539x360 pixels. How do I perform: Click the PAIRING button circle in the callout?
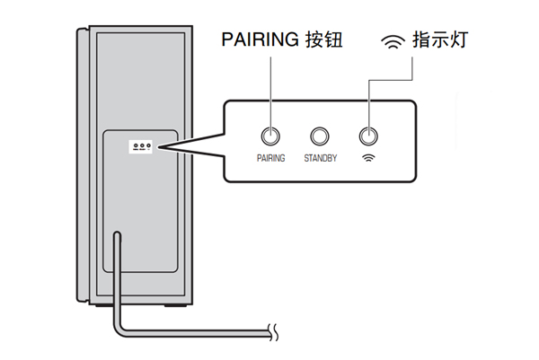[x=269, y=136]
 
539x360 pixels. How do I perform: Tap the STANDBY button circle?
[x=319, y=136]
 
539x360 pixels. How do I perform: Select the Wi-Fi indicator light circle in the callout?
[x=367, y=136]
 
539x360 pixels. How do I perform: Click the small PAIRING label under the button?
[x=269, y=158]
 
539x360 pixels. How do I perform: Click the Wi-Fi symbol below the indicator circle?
[x=367, y=158]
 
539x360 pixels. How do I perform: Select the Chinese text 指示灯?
[x=440, y=40]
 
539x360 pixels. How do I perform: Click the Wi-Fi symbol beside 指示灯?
[x=393, y=41]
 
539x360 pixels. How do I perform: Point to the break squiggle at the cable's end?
[x=278, y=335]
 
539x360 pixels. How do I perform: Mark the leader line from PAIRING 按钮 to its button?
[x=269, y=90]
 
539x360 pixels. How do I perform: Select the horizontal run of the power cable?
[x=198, y=335]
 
